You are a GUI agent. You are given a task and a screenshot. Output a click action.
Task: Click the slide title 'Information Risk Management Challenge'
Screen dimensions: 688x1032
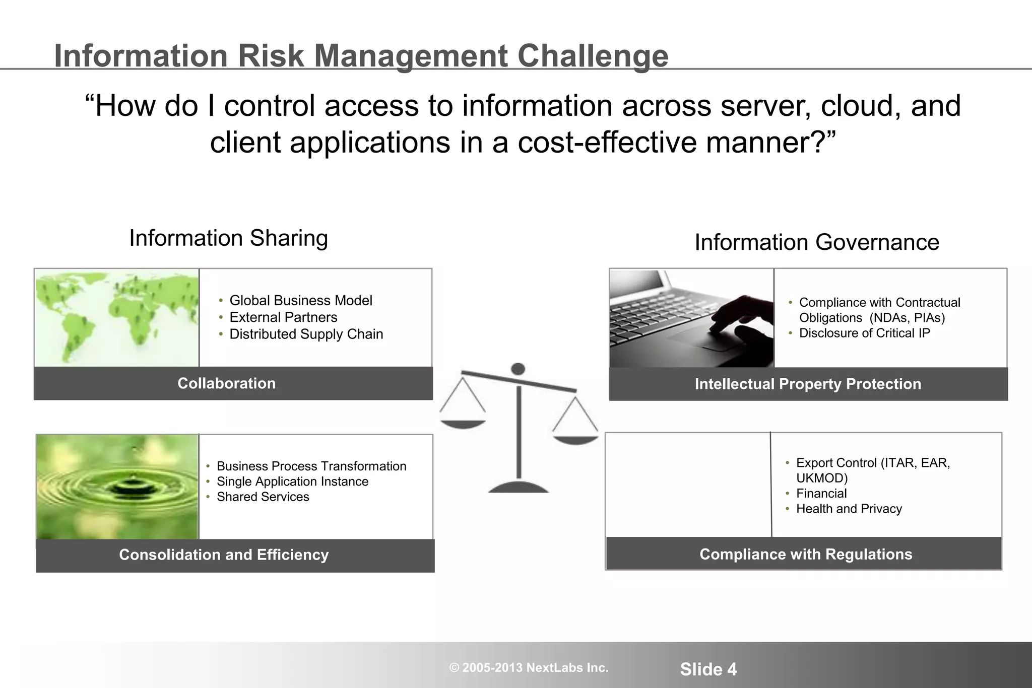coord(361,55)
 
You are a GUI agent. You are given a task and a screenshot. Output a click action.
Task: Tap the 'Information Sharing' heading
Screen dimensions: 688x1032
coord(228,238)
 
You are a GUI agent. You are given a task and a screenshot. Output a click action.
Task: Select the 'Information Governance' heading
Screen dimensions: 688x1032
coord(817,242)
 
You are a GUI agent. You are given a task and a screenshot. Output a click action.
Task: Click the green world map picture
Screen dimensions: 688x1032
coord(117,317)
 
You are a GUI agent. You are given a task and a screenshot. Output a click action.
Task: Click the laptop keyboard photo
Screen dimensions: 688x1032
coord(691,318)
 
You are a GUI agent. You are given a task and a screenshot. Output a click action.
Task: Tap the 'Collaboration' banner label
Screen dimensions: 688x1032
coord(227,383)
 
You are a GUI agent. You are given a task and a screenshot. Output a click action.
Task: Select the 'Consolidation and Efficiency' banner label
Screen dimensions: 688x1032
coord(224,555)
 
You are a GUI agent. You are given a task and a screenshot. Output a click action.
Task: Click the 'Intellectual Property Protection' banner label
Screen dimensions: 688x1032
coord(808,384)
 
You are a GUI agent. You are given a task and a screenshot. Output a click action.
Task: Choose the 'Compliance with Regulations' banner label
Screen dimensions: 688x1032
coord(806,554)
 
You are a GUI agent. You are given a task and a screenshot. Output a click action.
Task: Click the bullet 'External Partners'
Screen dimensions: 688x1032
coord(283,317)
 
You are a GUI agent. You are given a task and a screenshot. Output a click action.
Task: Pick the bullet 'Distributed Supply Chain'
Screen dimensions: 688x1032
coord(306,334)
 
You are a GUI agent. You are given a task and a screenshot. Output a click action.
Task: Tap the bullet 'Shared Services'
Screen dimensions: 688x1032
coord(263,497)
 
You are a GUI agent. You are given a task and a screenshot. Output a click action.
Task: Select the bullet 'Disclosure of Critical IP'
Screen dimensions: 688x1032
coord(864,333)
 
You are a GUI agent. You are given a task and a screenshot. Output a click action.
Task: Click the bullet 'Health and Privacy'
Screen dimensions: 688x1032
coord(849,509)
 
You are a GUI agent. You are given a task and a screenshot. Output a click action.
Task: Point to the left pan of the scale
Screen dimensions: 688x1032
coord(463,424)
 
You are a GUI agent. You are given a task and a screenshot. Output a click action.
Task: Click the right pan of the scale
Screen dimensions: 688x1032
coord(575,439)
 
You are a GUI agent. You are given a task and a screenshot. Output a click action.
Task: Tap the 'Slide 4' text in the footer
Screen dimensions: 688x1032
coord(708,669)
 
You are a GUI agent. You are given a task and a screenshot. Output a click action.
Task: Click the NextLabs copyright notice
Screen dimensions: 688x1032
coord(529,668)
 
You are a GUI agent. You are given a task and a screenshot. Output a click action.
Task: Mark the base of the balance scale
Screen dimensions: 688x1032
coord(519,487)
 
